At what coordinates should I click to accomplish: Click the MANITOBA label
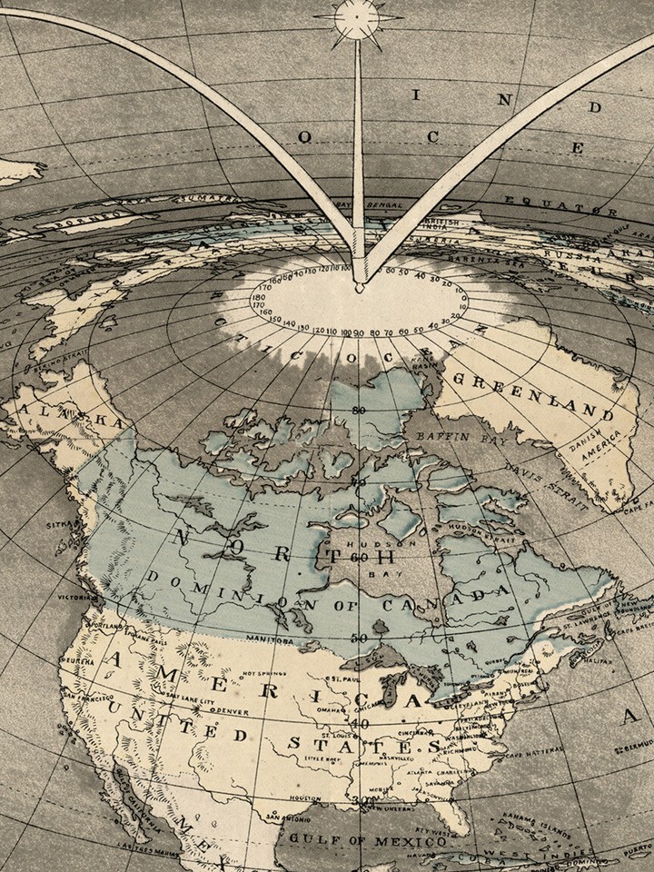pyautogui.click(x=268, y=639)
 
